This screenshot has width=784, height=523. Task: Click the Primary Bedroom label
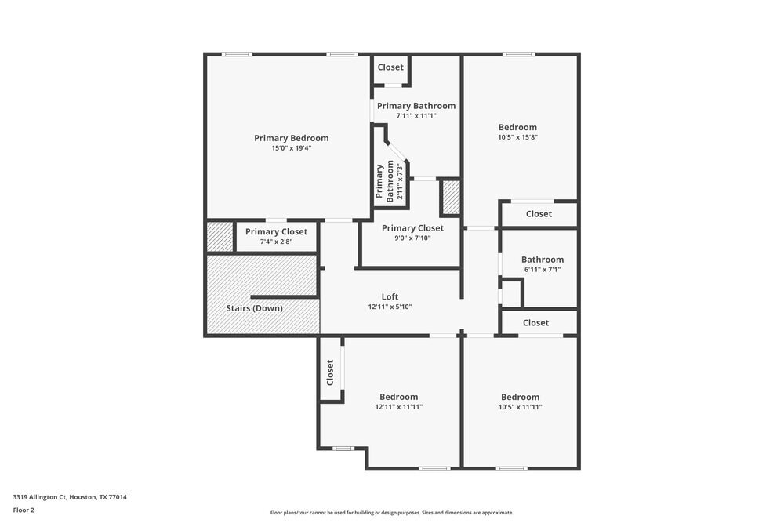(x=291, y=138)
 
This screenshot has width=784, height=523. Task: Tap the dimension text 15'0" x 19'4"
(x=291, y=148)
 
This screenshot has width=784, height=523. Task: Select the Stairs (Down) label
(x=255, y=308)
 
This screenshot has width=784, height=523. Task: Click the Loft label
(x=390, y=296)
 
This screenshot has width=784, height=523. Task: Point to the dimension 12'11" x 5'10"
(x=390, y=307)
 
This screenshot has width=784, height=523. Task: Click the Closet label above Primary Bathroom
(x=390, y=67)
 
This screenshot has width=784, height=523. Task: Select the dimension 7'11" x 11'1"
(x=416, y=116)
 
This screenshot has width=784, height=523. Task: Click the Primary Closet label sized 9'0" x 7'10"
(x=412, y=228)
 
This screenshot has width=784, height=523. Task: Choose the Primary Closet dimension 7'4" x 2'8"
(x=276, y=242)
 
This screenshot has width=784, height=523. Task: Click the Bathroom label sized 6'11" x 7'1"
(x=543, y=260)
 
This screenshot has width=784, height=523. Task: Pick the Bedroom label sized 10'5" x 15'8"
(x=517, y=127)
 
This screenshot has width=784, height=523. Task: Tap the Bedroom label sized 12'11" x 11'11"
(x=398, y=397)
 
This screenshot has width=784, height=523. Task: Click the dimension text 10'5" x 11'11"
(x=520, y=407)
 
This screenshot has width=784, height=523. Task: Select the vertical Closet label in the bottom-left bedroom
(x=330, y=372)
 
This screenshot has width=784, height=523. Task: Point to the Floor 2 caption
(x=24, y=510)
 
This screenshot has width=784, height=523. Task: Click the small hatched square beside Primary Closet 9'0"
(x=450, y=198)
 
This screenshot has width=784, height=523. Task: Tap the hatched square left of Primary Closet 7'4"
(x=220, y=237)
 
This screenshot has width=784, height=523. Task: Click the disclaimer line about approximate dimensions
(x=392, y=513)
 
